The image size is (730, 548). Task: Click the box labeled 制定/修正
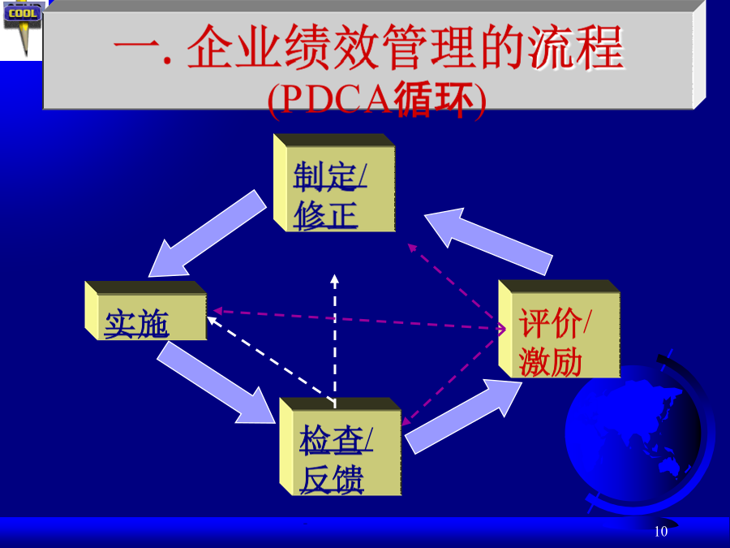334,183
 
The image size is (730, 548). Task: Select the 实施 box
146,310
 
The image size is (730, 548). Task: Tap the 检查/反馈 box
341,447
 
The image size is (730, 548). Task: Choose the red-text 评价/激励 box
559,329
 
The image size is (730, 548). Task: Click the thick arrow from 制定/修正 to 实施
207,233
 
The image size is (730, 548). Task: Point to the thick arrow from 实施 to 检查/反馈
217,383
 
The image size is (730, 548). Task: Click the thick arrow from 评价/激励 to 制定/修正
488,241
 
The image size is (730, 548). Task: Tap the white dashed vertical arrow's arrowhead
334,278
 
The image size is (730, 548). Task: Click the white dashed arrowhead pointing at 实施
212,320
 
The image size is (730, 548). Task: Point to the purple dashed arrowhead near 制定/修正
411,248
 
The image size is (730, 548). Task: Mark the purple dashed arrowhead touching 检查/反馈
406,421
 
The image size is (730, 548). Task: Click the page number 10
660,531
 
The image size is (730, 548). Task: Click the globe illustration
638,434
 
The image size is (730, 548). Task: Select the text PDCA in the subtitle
336,100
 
